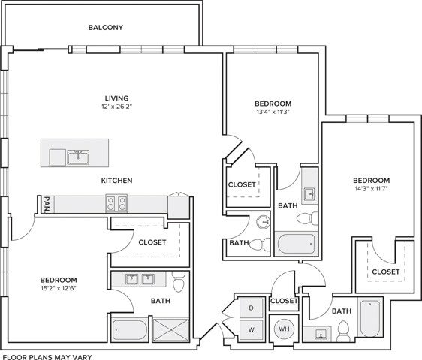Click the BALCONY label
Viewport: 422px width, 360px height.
tap(105, 28)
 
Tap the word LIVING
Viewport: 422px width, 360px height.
tap(116, 97)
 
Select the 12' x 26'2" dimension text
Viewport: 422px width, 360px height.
tap(116, 107)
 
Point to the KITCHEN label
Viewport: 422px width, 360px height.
tap(117, 181)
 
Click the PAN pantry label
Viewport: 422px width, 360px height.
tap(47, 203)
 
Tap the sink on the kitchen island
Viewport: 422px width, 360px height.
tap(77, 157)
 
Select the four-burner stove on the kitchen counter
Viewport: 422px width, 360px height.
tap(115, 202)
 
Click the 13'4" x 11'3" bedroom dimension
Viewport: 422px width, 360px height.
tap(273, 112)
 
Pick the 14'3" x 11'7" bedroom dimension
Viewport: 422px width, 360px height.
tap(372, 190)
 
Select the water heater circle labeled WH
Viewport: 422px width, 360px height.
tap(285, 328)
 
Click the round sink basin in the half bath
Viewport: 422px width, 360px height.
tap(263, 222)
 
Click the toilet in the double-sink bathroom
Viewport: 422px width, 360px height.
tap(178, 283)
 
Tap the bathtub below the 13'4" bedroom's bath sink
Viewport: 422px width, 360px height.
tap(297, 243)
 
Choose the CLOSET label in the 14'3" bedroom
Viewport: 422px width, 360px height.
tap(385, 271)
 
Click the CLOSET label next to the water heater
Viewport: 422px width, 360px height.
tap(284, 301)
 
